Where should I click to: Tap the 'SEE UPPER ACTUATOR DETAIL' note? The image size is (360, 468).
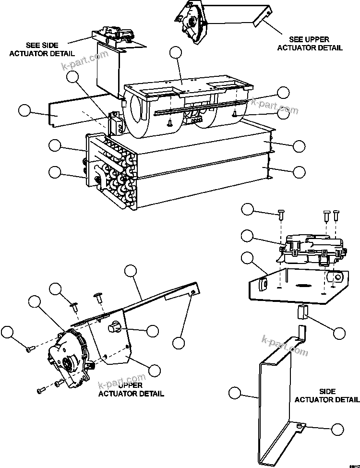tap(316, 43)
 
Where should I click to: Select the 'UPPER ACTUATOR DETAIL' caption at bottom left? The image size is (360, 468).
tap(131, 389)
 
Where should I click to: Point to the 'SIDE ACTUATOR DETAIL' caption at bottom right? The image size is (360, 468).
tap(326, 396)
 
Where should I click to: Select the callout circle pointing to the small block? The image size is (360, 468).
tap(339, 333)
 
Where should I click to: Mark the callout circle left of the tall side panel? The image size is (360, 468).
tap(234, 393)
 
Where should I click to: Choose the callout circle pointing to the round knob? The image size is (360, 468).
tap(153, 330)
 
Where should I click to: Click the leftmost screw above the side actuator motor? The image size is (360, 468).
tap(280, 216)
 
